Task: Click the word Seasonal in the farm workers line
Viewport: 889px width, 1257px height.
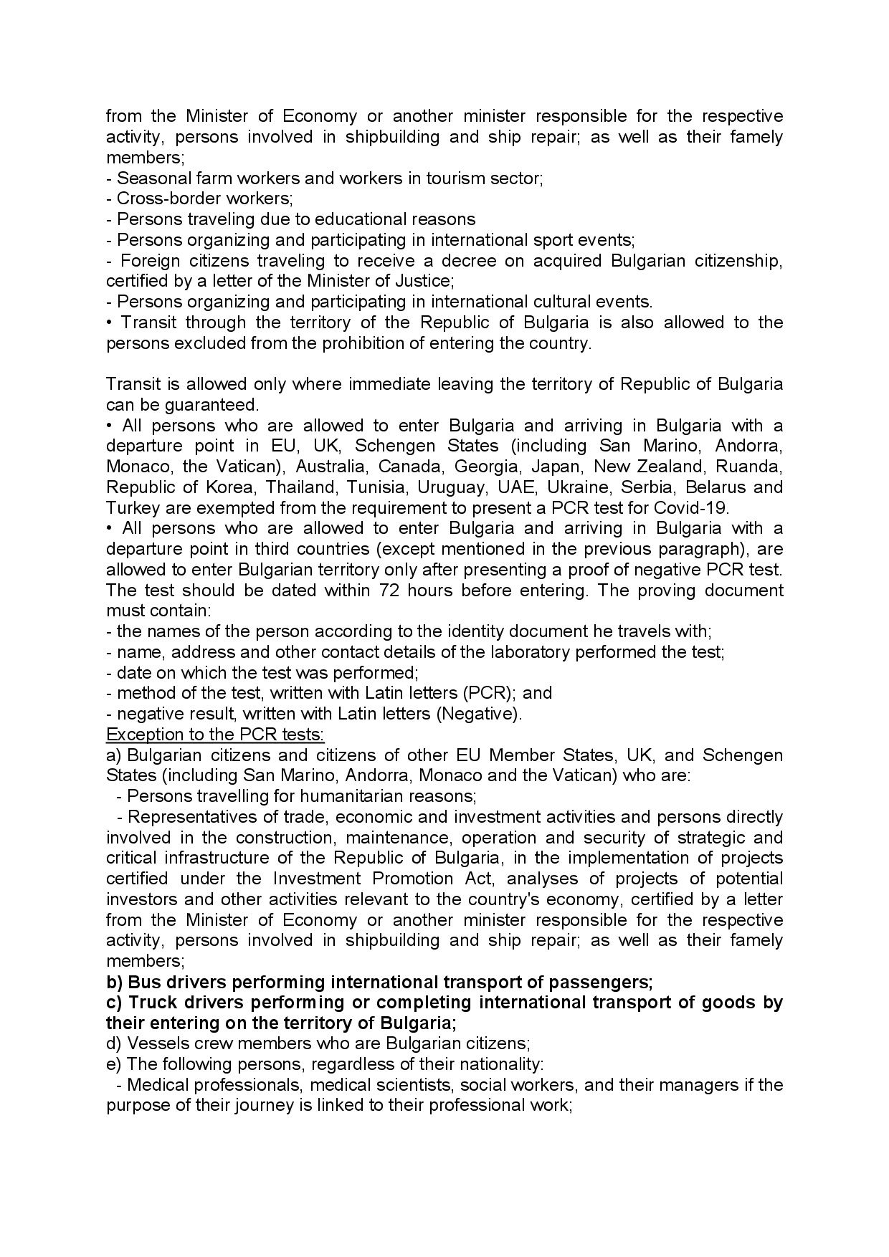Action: pos(148,178)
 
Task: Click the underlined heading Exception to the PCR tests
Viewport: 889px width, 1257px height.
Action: pos(215,735)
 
